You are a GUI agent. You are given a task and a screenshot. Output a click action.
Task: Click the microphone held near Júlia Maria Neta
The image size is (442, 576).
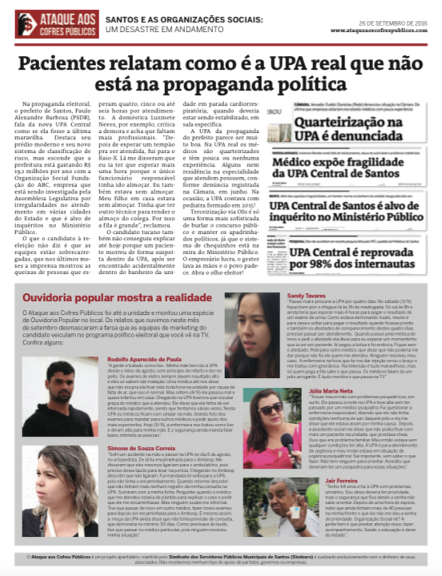(x=287, y=439)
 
